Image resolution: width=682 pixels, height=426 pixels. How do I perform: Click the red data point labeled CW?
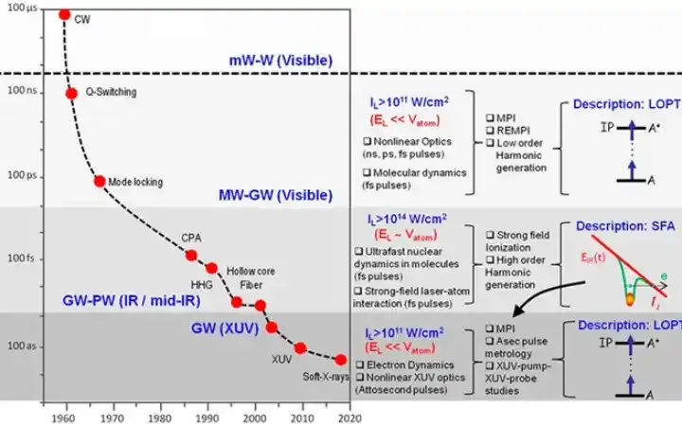(x=64, y=15)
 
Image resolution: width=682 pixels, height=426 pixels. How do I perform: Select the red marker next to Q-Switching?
(x=72, y=93)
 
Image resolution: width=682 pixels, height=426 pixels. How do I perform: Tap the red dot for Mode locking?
(x=99, y=181)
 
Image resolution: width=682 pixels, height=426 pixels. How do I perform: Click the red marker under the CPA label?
(x=191, y=255)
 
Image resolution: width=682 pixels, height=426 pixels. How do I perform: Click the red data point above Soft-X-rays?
(x=341, y=359)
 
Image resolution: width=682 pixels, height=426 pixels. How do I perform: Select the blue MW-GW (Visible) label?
(x=275, y=196)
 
